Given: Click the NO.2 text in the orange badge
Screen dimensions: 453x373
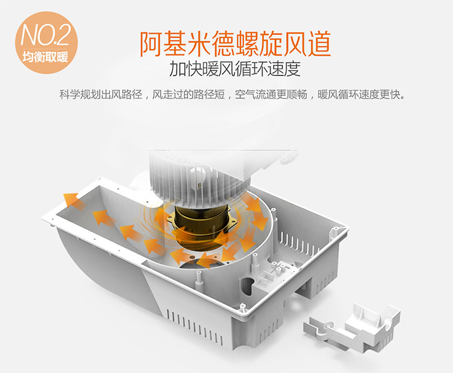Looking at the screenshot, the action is point(45,36).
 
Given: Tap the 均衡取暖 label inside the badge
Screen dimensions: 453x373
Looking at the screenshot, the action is point(45,57).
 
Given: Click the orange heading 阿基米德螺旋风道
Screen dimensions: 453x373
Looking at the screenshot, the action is point(235,44).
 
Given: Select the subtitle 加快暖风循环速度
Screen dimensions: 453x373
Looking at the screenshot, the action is point(235,69).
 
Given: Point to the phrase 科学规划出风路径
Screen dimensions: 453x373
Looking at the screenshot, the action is point(101,94).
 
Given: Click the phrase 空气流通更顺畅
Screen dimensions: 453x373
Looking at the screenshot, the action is point(271,94).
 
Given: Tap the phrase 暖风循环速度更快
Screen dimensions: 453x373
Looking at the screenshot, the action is point(361,94).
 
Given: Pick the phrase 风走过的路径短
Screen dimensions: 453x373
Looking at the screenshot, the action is point(188,94).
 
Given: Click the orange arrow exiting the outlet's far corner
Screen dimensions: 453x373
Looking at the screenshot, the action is point(74,200).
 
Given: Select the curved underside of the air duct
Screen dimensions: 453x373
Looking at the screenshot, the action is point(101,274).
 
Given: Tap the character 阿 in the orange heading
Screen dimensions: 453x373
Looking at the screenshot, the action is point(152,44).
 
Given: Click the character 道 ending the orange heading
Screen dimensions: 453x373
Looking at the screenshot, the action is point(319,44).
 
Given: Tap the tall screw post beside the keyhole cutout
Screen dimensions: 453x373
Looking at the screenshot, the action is point(255,263).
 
